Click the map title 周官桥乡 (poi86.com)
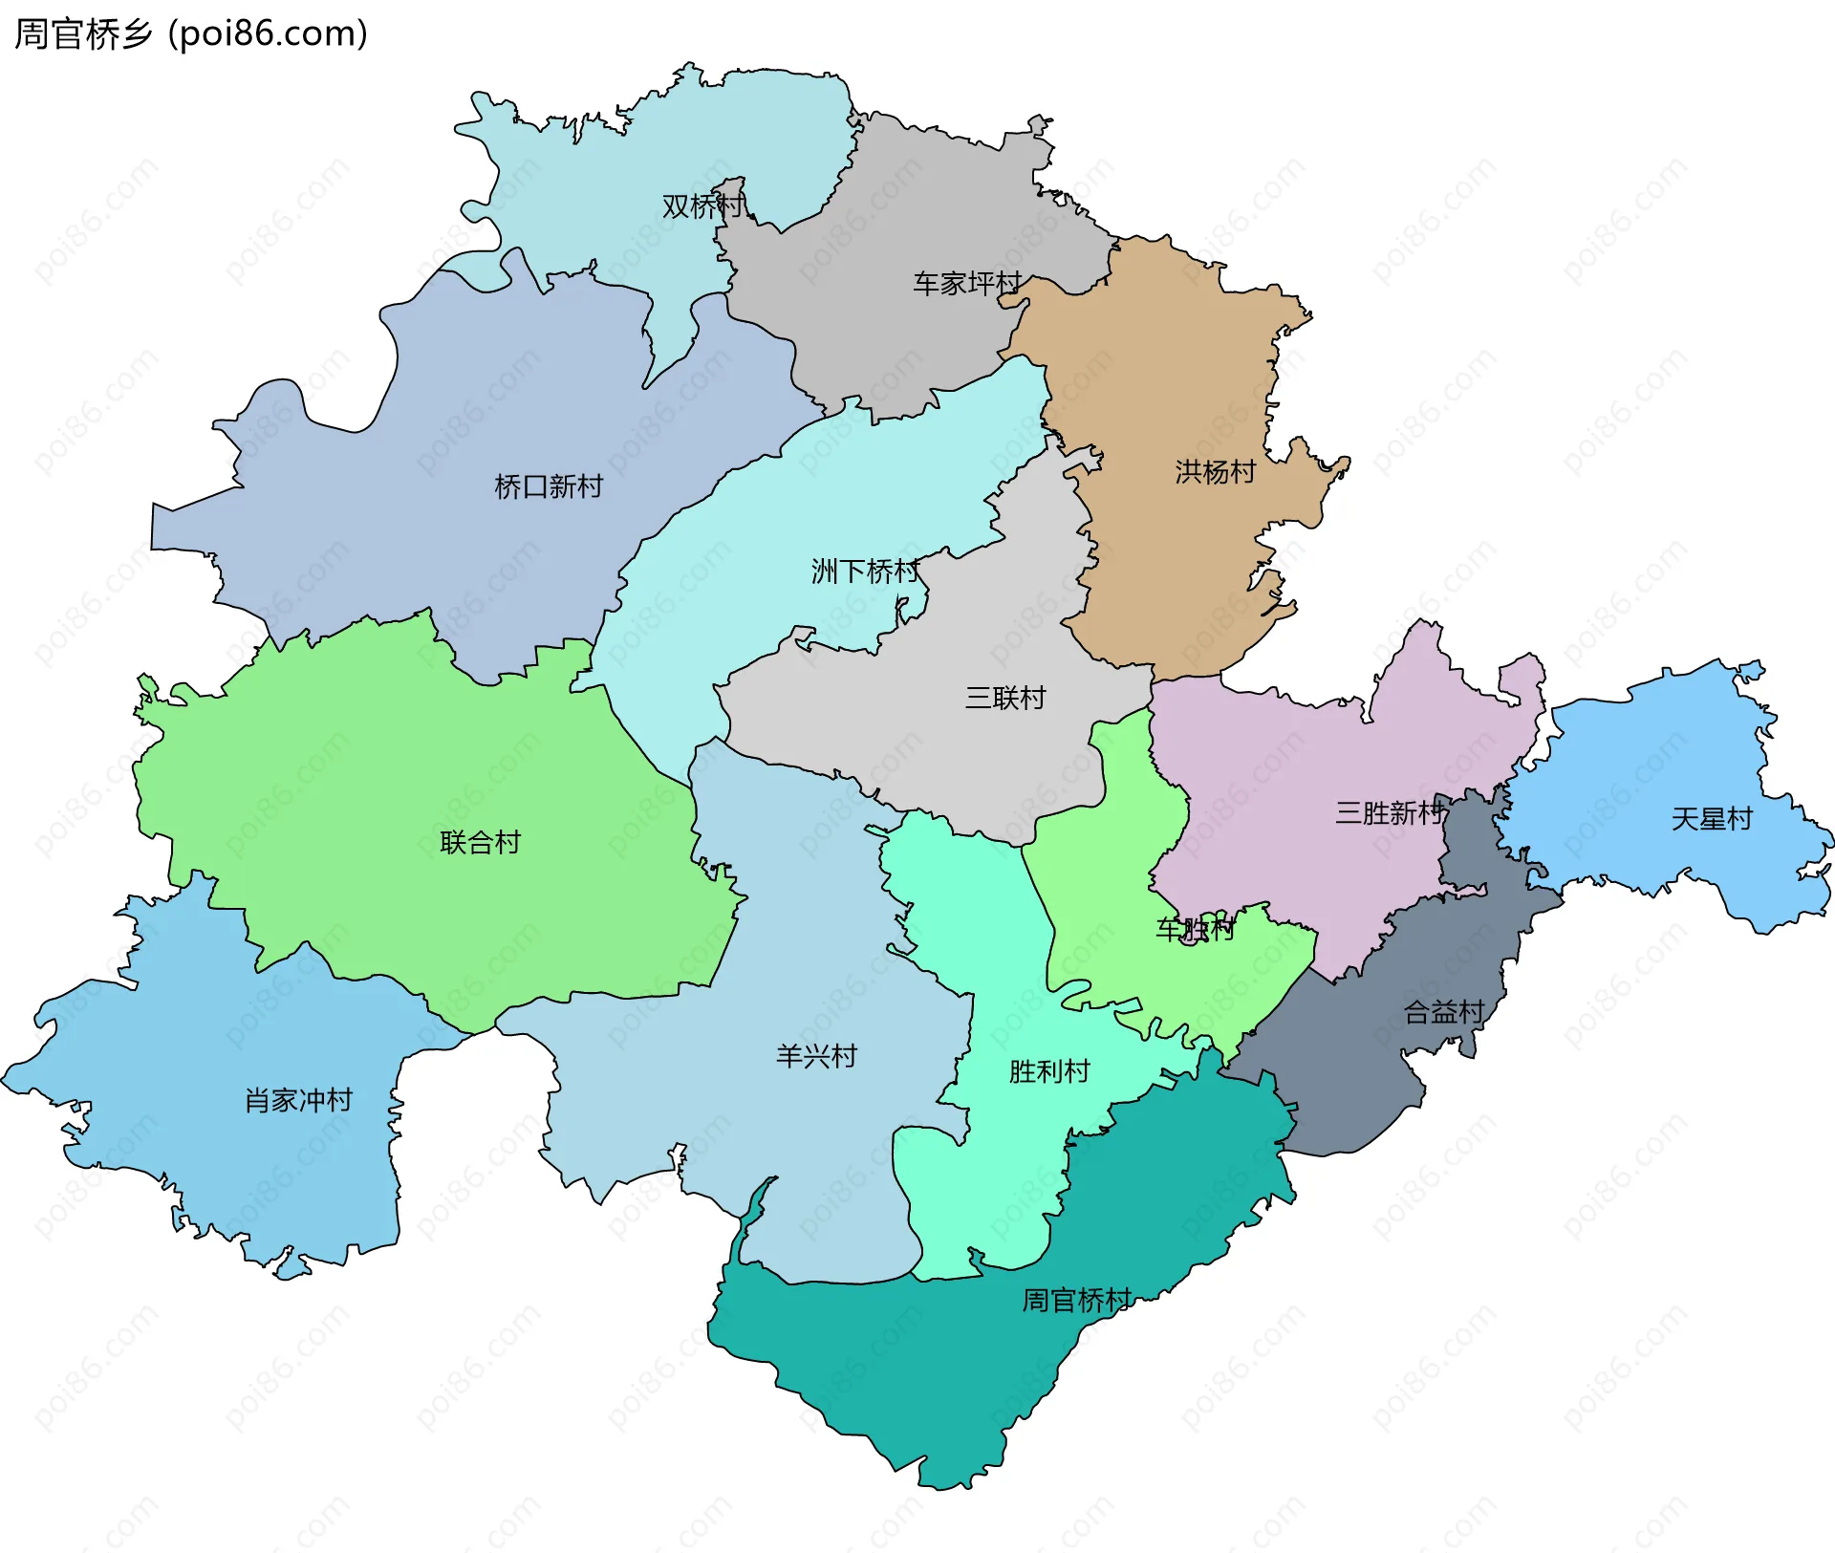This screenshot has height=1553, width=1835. pos(191,34)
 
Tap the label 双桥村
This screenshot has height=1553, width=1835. pos(702,206)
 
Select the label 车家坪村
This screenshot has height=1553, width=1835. pos(967,284)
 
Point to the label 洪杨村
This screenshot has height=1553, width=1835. pos(1215,472)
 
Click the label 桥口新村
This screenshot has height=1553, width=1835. pos(549,487)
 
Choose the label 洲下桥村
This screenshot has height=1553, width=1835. pos(865,572)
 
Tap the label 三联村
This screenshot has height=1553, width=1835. pos(1005,699)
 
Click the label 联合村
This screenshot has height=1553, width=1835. pos(480,843)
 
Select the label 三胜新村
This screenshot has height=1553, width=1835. pos(1390,814)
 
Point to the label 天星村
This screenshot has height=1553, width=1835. pos(1711,820)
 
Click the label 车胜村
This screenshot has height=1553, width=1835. pos(1195,929)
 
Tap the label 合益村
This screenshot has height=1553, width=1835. pos(1443,1012)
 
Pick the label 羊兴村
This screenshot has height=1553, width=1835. pos(816,1057)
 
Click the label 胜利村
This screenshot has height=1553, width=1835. pos(1049,1072)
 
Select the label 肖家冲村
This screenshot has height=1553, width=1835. pos(298,1101)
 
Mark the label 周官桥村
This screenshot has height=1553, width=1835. pos(1076,1301)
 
